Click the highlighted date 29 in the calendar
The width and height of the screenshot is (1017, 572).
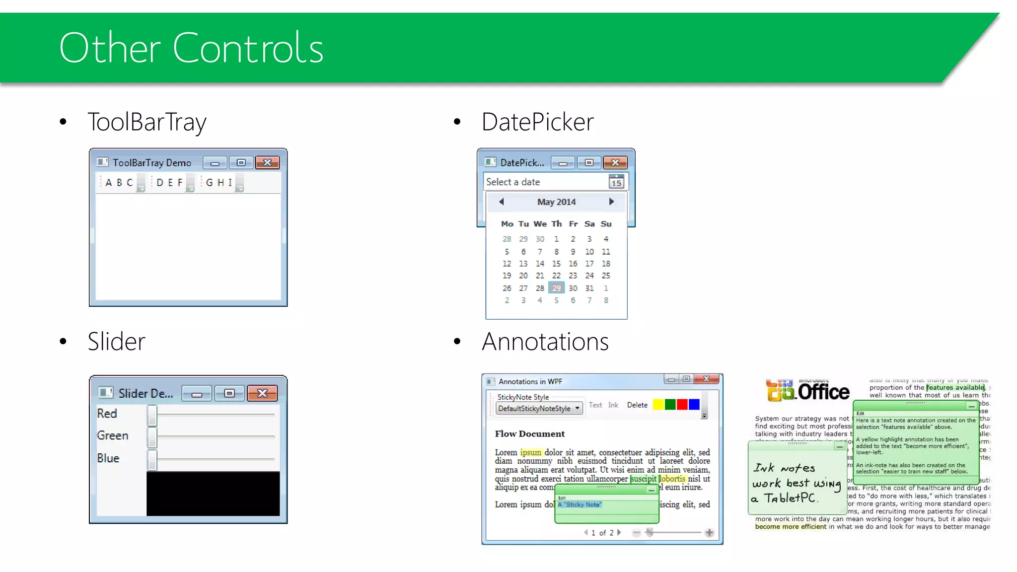click(556, 288)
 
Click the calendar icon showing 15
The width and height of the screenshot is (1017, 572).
click(616, 182)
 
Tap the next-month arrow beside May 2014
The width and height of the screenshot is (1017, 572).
click(611, 202)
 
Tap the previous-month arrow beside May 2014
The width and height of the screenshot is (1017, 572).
click(502, 202)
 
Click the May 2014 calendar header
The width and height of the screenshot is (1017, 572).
click(556, 202)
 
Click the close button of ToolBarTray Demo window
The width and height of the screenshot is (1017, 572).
click(267, 163)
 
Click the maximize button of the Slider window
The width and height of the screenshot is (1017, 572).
click(229, 393)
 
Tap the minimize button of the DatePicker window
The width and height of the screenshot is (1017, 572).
click(563, 163)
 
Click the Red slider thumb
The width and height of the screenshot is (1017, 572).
click(152, 415)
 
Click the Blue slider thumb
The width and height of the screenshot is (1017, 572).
click(152, 460)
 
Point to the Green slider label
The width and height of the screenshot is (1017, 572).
click(113, 435)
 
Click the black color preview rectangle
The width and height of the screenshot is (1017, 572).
click(213, 494)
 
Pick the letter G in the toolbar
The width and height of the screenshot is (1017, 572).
click(209, 183)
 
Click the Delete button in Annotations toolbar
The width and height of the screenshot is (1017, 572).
click(637, 405)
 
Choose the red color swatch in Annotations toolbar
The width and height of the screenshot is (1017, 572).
click(682, 405)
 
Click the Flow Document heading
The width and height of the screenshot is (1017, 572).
click(529, 434)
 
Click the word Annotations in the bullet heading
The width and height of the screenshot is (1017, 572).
click(545, 342)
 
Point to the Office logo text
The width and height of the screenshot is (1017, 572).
click(823, 392)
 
